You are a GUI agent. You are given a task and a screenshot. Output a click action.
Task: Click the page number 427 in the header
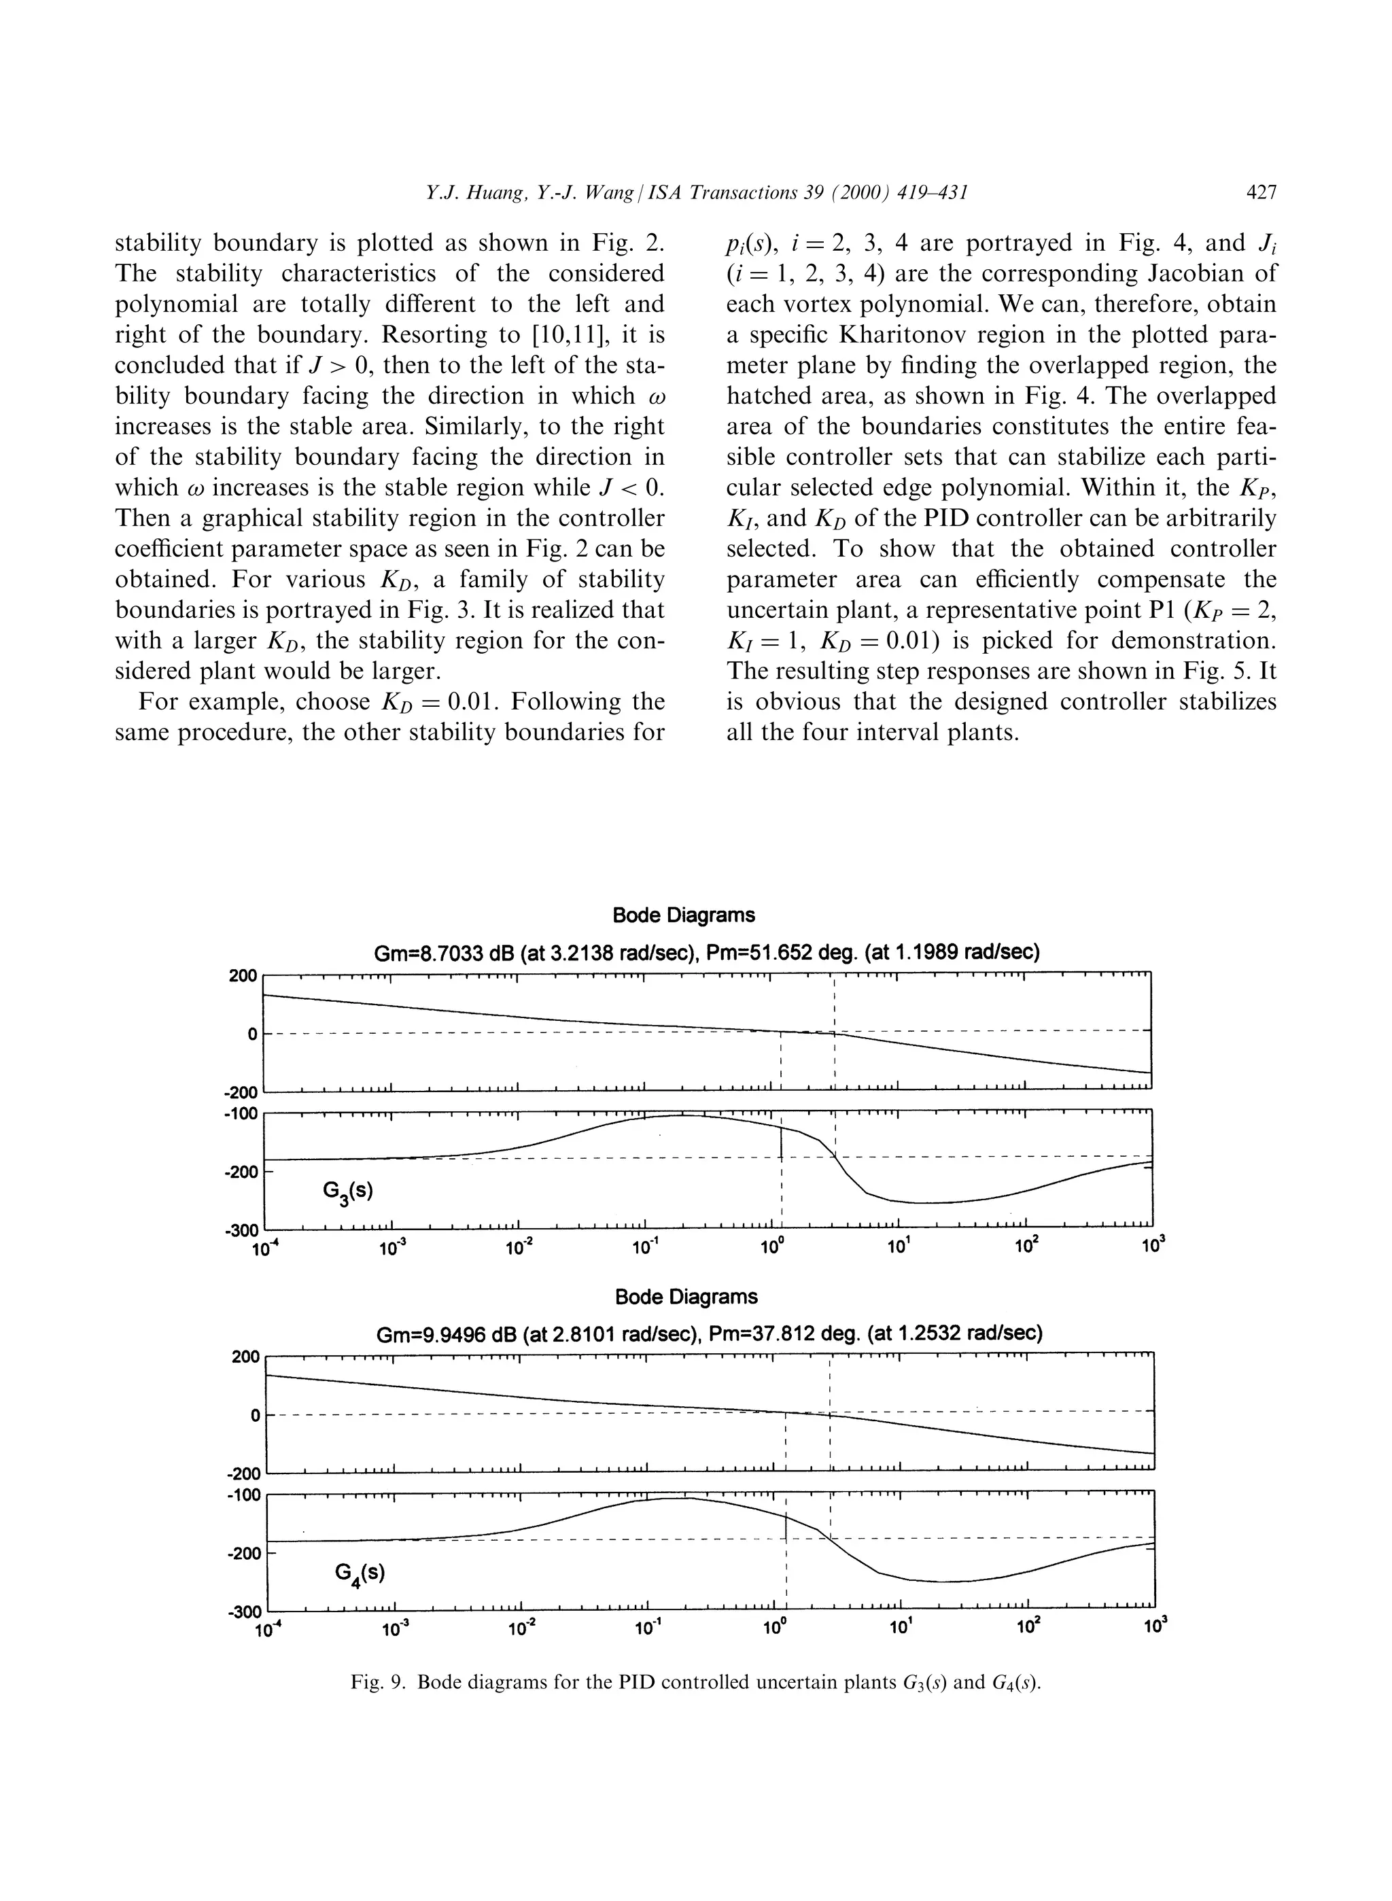1261,193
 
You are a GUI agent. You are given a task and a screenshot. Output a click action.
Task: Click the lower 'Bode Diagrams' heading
686,1297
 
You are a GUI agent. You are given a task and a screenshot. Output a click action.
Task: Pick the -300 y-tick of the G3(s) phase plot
242,1230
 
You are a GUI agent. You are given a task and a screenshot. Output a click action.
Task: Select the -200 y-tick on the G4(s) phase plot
242,1553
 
